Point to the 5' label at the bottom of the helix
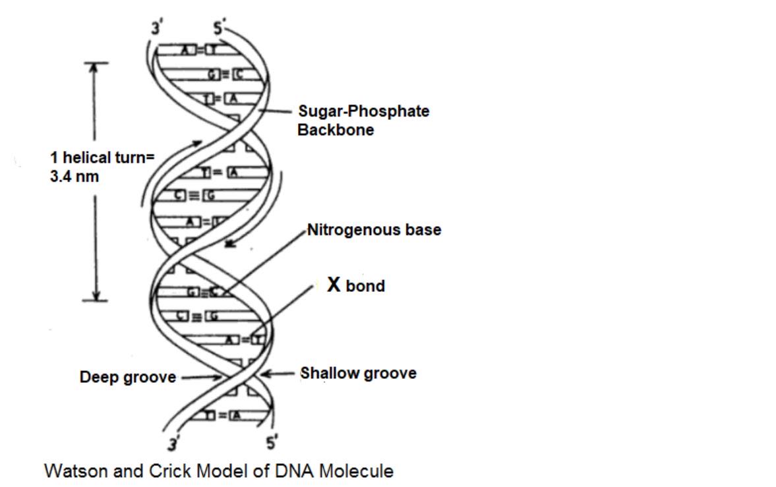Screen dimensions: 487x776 click(x=270, y=443)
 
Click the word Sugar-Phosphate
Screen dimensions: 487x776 click(x=363, y=111)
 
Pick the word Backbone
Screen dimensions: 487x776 click(x=335, y=130)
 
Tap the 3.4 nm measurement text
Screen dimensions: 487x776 click(x=75, y=177)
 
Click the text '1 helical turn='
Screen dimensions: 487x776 click(x=102, y=158)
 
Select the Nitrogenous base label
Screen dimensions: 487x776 click(x=374, y=230)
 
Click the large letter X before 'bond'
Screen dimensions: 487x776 click(x=334, y=285)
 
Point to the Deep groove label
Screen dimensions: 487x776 click(x=128, y=378)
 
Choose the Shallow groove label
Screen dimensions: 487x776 click(x=358, y=373)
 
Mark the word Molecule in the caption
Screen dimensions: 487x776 click(x=360, y=471)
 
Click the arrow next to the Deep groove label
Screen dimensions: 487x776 click(x=202, y=378)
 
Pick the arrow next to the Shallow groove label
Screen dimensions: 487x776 click(x=277, y=373)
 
